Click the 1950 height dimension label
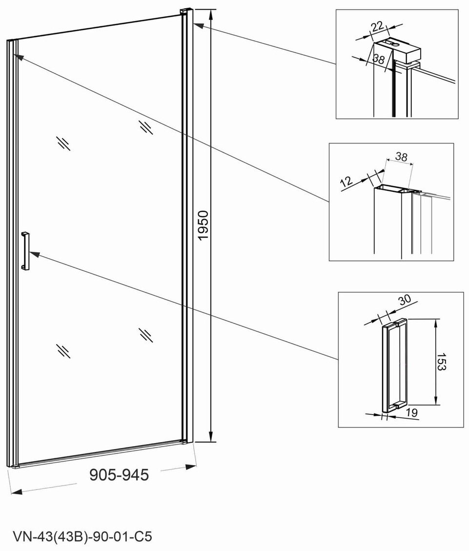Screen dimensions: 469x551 point(204,225)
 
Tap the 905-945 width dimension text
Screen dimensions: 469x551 point(119,475)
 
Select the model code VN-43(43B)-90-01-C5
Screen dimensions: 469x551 point(82,537)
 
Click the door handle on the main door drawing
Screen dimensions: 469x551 point(25,251)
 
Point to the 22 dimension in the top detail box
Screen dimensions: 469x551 point(377,26)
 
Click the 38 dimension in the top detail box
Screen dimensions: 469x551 point(378,59)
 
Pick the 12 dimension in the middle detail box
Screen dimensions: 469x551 point(347,182)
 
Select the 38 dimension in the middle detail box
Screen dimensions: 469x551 point(401,156)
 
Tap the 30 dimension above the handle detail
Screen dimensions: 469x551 point(405,299)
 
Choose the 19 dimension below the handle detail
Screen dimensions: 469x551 point(412,412)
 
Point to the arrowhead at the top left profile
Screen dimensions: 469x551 point(19,56)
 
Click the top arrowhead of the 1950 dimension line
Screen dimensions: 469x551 point(210,15)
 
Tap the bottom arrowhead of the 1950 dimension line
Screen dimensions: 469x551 point(210,437)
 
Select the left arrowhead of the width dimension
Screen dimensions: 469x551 point(17,491)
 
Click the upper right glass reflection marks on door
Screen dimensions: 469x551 point(145,127)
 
